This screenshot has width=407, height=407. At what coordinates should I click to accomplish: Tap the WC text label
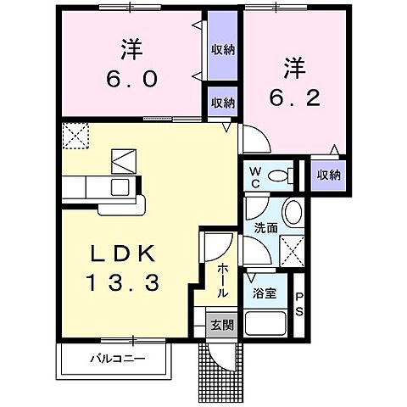click(254, 176)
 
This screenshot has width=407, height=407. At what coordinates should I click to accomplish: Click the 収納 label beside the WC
click(328, 175)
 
